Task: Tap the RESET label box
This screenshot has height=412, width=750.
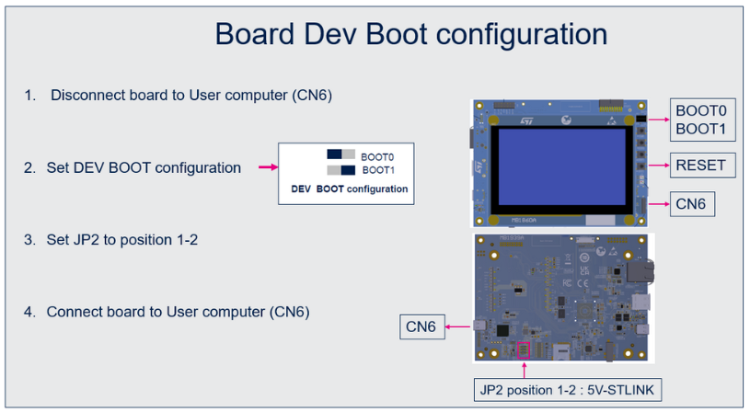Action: (x=700, y=166)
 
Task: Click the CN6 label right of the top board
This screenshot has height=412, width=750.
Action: (x=690, y=203)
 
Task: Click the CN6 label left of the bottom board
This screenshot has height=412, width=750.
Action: (x=421, y=326)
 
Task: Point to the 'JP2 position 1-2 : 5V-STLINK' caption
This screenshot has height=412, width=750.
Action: (x=566, y=390)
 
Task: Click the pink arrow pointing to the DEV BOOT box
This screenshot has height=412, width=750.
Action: (x=267, y=167)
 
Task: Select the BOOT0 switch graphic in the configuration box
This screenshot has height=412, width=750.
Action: (x=340, y=154)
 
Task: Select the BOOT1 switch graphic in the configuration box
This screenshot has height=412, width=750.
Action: (x=340, y=170)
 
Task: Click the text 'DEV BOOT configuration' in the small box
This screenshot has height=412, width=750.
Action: (x=349, y=189)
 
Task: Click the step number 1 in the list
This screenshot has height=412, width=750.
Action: (x=29, y=96)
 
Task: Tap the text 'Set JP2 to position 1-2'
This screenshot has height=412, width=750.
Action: (x=122, y=240)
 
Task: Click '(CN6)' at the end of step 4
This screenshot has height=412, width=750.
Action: (x=290, y=312)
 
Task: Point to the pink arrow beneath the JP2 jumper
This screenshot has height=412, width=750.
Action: (x=525, y=369)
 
